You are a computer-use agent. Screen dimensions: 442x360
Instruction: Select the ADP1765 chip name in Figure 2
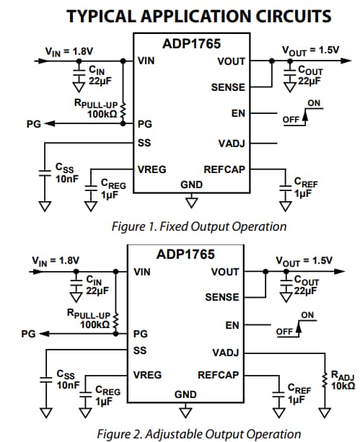click(185, 255)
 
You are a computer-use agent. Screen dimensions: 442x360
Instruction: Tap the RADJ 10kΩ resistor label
click(342, 380)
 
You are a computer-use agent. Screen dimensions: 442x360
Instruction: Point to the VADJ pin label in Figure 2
click(226, 353)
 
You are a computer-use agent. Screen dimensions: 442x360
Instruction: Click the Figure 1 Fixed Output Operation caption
click(198, 226)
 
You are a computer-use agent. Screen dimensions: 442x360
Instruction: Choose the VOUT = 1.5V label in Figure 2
click(305, 261)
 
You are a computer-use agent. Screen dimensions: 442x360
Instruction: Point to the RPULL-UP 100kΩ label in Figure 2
click(89, 319)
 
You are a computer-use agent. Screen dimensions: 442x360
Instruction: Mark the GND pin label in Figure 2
click(185, 394)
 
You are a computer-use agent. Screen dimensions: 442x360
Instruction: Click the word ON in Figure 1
click(314, 103)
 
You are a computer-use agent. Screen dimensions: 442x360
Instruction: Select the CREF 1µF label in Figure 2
click(299, 394)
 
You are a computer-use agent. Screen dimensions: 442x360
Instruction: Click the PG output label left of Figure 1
click(33, 124)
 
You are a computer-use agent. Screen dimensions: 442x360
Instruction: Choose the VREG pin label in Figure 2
click(147, 375)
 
